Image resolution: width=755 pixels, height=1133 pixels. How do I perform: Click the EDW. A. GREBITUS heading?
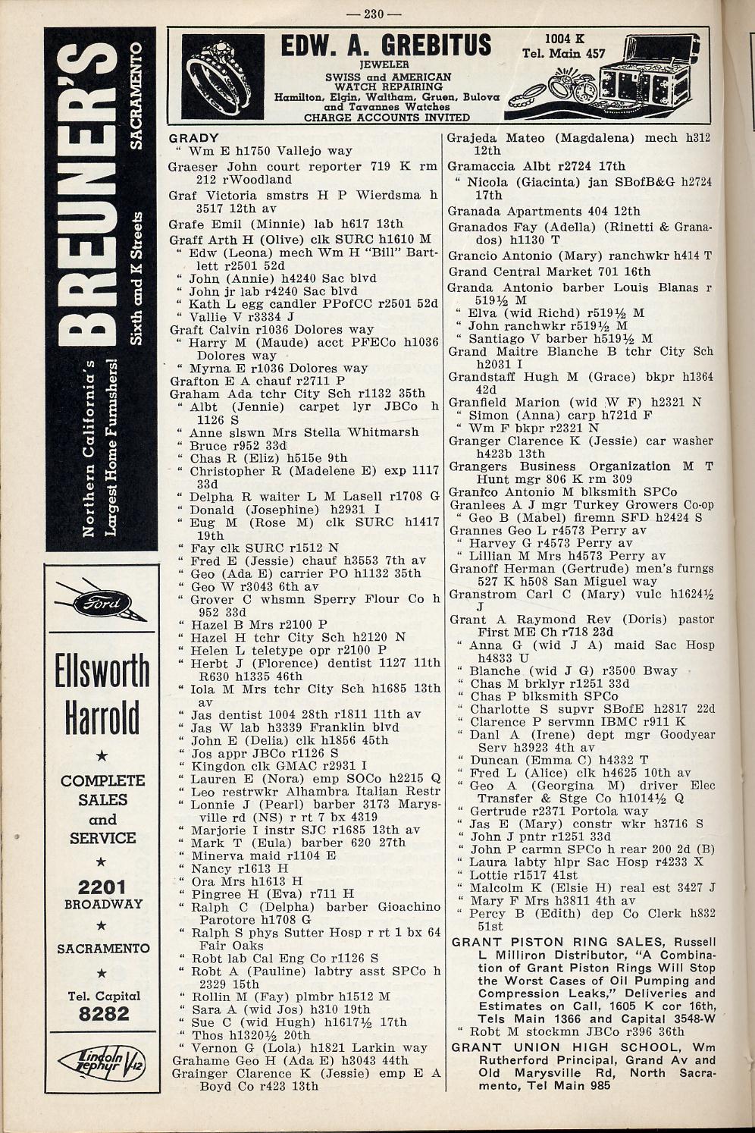pos(386,46)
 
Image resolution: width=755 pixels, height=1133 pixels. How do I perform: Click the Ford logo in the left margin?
pos(102,604)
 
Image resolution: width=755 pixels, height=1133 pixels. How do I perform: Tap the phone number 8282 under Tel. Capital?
pos(104,1015)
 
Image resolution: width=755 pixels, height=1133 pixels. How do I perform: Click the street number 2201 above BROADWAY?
pos(103,887)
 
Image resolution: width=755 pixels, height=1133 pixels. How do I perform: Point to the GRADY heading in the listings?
pos(194,139)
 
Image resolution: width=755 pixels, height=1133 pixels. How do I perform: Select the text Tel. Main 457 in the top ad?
pos(564,54)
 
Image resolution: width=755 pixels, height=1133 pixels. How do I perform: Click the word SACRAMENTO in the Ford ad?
pos(103,948)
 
